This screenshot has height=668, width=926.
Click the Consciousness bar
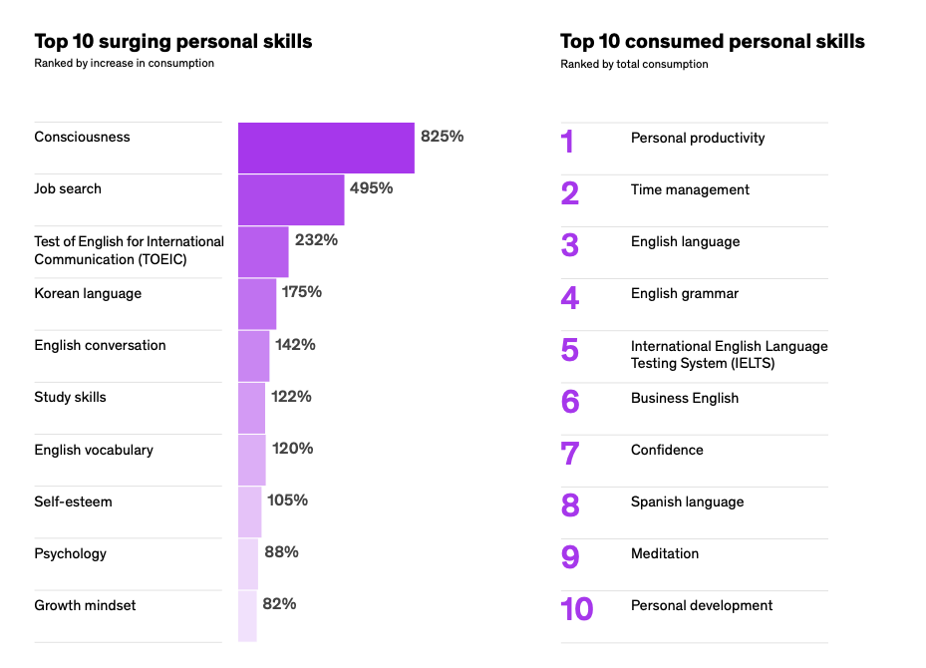tap(326, 148)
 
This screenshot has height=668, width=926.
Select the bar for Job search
tap(291, 199)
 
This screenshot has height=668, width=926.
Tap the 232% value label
tap(316, 240)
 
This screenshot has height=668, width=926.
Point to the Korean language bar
tap(257, 303)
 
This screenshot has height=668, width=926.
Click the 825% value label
tap(442, 137)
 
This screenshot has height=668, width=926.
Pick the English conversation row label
tap(100, 345)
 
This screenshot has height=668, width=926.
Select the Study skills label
tap(70, 397)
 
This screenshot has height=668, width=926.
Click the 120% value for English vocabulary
tap(292, 449)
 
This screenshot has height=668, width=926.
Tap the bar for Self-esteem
tap(250, 511)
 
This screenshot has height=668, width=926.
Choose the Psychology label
tap(70, 553)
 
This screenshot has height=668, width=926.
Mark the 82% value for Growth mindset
tap(279, 603)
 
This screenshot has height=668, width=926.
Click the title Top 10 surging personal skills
tap(172, 41)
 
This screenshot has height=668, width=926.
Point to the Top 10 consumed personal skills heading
tap(712, 41)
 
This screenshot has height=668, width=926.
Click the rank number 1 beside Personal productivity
tap(567, 142)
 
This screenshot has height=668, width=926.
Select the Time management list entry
tap(690, 189)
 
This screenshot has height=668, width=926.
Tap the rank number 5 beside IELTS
tap(569, 350)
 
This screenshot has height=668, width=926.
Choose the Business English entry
tap(685, 398)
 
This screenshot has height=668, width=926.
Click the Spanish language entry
tap(687, 501)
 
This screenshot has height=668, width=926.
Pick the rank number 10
tap(577, 608)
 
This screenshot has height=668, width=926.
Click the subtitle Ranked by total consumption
tap(634, 64)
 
